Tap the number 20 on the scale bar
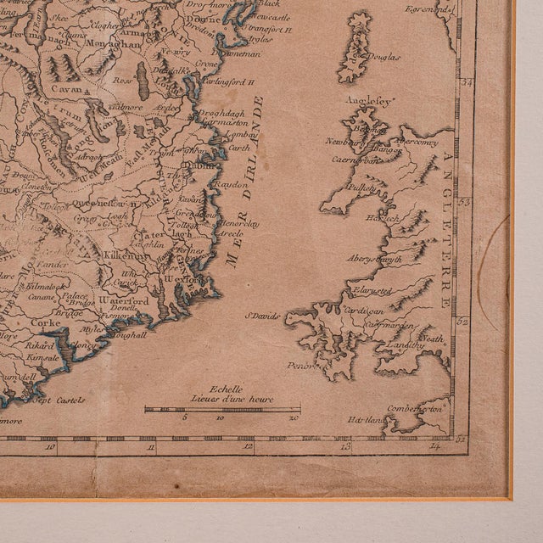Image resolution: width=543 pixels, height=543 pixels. pos(294,417)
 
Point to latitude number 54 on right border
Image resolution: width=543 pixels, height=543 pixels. pos(463,82)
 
